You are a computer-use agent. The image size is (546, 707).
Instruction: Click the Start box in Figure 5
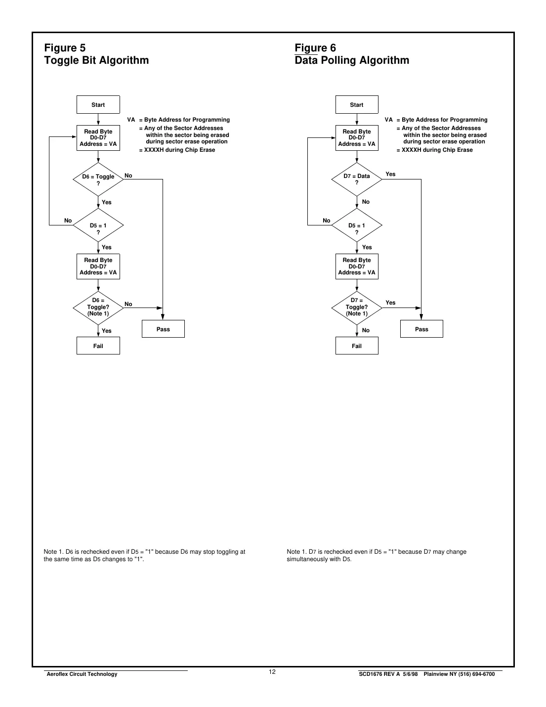[x=98, y=105]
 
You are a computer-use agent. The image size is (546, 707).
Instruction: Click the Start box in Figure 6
[x=356, y=105]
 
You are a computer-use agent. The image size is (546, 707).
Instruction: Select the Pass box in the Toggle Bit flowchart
[x=163, y=329]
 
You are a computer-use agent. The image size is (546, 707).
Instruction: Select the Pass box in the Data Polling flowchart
[x=421, y=329]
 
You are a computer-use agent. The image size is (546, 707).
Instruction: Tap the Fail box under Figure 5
[x=98, y=346]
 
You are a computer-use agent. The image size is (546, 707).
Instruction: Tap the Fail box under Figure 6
[x=356, y=346]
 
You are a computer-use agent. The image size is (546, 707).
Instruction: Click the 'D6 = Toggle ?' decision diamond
[x=98, y=179]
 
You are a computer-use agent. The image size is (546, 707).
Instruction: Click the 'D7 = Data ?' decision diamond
[x=356, y=179]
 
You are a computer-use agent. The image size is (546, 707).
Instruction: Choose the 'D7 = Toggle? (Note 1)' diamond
[x=356, y=307]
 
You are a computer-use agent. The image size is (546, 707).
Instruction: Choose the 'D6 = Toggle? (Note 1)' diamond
[x=98, y=307]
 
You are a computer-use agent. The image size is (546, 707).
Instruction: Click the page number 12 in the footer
[x=272, y=672]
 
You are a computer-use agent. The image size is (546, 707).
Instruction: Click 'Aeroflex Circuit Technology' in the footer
[x=81, y=674]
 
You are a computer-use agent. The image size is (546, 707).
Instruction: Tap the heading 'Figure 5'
[x=65, y=48]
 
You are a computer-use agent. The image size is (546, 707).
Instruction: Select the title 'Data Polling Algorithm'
[x=352, y=60]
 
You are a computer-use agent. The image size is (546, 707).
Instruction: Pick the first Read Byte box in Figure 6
[x=356, y=138]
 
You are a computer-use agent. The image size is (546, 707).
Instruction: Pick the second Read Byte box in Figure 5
[x=98, y=266]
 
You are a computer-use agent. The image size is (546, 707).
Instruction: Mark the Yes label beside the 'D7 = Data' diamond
[x=390, y=174]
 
